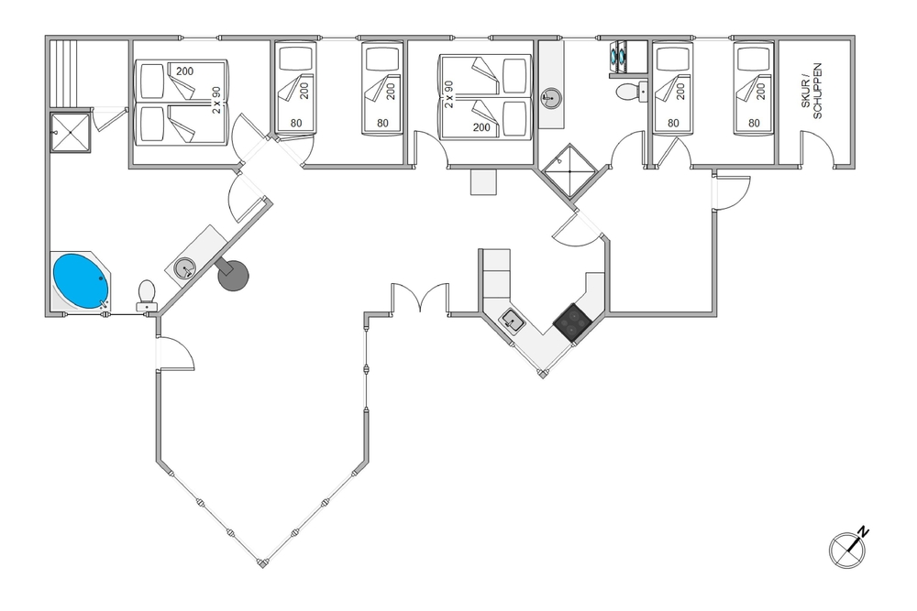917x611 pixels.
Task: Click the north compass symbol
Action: [848, 548]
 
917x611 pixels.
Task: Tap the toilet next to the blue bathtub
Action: [146, 296]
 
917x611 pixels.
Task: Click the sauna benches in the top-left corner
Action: [63, 73]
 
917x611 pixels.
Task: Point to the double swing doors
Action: [421, 297]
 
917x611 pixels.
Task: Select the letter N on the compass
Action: [863, 531]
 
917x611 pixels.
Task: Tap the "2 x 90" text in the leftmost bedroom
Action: [216, 100]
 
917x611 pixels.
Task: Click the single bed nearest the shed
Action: [755, 88]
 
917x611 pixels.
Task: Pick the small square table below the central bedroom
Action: [483, 181]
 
